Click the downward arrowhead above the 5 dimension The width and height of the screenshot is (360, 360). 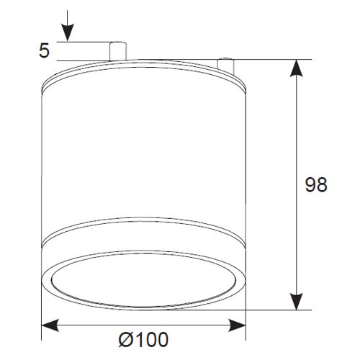[67, 35]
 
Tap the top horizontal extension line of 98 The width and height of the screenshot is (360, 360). [274, 59]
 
